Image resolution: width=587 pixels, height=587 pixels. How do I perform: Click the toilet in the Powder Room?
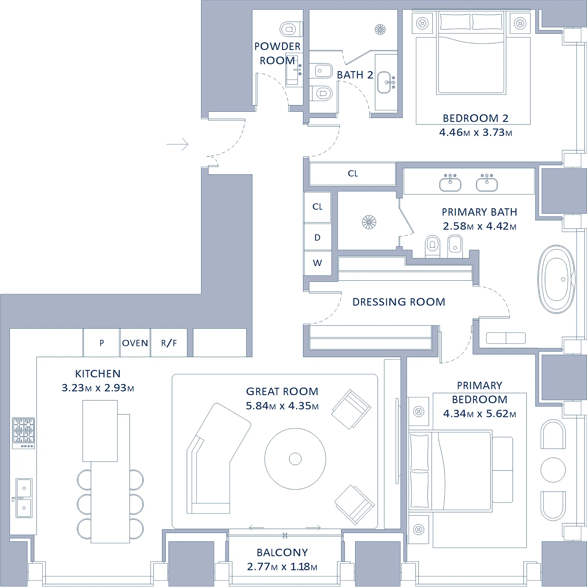[291, 29]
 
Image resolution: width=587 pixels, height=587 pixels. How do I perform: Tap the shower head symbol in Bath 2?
[380, 29]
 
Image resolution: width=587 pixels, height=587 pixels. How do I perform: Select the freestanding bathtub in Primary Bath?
[556, 279]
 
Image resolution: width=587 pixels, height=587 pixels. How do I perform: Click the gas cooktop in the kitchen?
[23, 433]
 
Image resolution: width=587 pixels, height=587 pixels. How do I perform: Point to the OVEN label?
[135, 343]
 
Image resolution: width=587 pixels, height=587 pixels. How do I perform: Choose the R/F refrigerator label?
[169, 343]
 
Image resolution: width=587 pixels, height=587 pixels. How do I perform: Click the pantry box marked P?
[102, 343]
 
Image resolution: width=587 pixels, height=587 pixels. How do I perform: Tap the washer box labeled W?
[318, 263]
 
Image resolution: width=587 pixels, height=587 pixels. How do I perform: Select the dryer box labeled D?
[318, 237]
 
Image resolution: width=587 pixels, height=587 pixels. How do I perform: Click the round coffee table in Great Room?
[295, 459]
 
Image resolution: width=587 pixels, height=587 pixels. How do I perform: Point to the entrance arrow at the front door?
[177, 144]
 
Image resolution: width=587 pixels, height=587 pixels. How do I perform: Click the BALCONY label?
[282, 552]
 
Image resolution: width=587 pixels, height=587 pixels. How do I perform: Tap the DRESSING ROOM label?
[399, 302]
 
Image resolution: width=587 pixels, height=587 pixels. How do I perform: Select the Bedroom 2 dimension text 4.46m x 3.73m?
[475, 132]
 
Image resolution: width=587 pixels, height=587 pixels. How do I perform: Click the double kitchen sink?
[23, 498]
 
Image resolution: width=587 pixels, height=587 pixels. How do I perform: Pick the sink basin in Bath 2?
[384, 82]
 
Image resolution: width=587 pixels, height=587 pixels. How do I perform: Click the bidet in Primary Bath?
[455, 247]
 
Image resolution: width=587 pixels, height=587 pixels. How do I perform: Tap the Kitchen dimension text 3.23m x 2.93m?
[98, 388]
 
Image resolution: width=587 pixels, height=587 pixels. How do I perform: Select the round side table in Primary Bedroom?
[553, 470]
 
